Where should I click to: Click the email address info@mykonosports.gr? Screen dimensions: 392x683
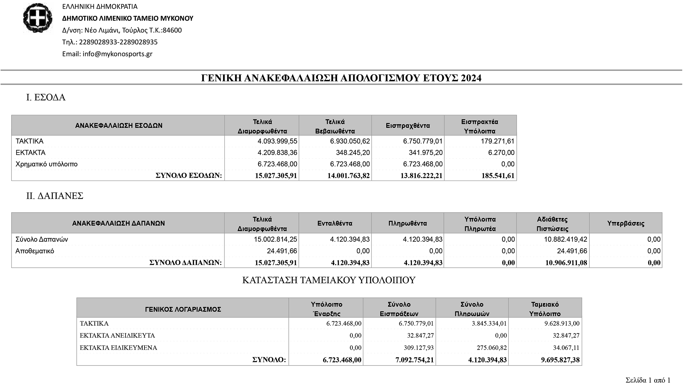117,54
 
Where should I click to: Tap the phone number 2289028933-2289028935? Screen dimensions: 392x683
118,42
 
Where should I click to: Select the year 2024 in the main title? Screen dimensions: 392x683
471,78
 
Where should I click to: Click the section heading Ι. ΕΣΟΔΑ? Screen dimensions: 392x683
46,97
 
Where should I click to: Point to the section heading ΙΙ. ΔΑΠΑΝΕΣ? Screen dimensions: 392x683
55,196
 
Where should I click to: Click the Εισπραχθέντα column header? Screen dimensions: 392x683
408,126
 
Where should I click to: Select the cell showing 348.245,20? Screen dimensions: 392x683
353,153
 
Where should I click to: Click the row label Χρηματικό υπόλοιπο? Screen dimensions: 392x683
46,164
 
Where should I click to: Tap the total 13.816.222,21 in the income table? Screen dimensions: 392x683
421,175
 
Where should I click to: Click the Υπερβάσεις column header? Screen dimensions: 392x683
626,223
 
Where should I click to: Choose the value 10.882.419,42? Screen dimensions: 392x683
565,239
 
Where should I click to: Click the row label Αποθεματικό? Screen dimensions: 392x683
35,251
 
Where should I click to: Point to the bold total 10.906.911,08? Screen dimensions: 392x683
566,263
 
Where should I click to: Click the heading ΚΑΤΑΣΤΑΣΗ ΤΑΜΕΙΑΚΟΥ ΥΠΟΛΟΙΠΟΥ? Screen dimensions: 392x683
329,280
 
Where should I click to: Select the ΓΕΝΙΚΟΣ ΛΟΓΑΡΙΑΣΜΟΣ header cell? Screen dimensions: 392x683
183,309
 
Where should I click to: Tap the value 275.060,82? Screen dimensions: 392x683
490,348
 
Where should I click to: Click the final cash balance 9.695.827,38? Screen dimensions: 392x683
560,360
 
